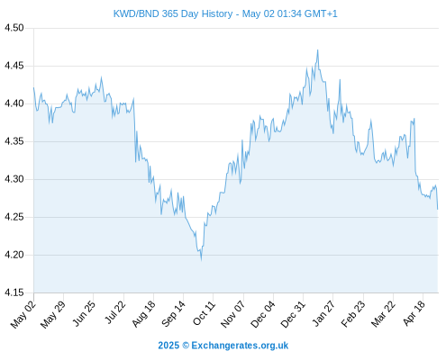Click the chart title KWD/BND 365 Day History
(x=173, y=13)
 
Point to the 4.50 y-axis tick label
(x=14, y=28)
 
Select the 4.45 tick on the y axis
(x=14, y=66)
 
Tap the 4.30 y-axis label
(x=14, y=179)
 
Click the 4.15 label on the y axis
(x=14, y=292)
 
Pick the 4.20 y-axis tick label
(x=14, y=255)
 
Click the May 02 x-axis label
(x=23, y=314)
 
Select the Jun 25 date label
(x=84, y=313)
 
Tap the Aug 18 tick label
(x=144, y=314)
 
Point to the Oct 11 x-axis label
(x=204, y=313)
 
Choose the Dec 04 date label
(x=262, y=314)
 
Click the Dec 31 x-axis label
(x=293, y=314)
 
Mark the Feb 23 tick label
(x=353, y=314)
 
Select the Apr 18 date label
(x=414, y=313)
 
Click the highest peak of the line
(x=317, y=50)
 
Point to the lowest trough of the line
(x=201, y=260)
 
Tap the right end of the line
(x=438, y=209)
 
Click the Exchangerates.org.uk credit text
(x=240, y=346)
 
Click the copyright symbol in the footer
(x=186, y=346)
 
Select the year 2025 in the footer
(x=168, y=346)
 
